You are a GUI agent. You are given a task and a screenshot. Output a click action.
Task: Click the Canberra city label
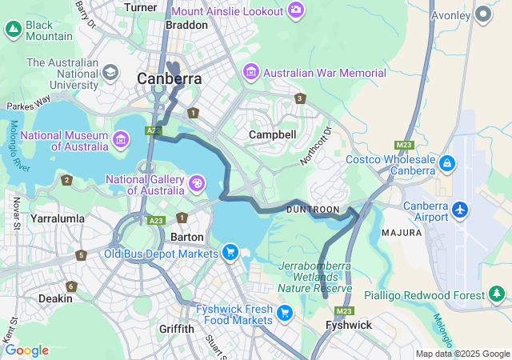click(x=170, y=79)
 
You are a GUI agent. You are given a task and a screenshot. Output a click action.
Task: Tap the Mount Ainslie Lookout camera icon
click(x=296, y=10)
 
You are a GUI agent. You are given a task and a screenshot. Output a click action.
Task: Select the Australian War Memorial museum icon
click(x=251, y=73)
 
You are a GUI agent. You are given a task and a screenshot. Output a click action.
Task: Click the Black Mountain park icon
click(x=13, y=30)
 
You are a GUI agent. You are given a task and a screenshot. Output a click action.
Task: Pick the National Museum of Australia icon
click(x=121, y=141)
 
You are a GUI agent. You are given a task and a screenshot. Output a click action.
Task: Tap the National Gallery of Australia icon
click(x=197, y=185)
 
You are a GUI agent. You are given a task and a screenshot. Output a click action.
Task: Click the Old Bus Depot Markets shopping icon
click(x=230, y=254)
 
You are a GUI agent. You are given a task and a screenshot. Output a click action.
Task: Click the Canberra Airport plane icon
click(x=460, y=210)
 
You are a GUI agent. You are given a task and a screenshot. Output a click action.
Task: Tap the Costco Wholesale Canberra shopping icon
click(x=447, y=166)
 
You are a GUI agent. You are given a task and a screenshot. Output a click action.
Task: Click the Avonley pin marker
click(x=482, y=14)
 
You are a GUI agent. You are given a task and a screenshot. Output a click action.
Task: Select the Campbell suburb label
click(x=272, y=134)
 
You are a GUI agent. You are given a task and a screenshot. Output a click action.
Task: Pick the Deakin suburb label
click(x=55, y=298)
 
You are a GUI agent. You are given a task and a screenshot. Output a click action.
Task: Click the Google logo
click(x=26, y=350)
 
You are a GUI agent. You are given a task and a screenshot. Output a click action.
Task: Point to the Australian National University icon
click(x=110, y=73)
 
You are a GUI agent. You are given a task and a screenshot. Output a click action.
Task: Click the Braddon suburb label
click(x=186, y=25)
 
